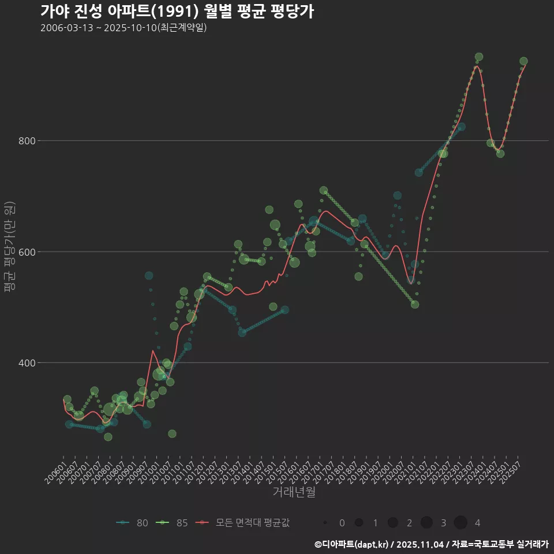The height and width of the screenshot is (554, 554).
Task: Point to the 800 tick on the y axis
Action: point(44,141)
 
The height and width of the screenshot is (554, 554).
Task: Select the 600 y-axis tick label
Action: point(44,252)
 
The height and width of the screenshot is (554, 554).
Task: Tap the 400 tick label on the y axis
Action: point(44,363)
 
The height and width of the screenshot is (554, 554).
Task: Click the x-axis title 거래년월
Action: point(294,492)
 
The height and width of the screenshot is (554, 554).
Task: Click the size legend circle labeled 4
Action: point(461,523)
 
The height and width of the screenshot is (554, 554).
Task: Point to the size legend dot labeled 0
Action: point(325,523)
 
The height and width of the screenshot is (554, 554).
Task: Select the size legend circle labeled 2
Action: point(393,523)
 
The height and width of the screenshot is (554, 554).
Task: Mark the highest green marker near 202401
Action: point(478,57)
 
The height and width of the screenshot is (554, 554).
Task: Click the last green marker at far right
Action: point(523,61)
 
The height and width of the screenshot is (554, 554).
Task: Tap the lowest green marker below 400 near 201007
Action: point(172,434)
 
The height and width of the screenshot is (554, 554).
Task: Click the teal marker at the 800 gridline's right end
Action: point(461,127)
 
